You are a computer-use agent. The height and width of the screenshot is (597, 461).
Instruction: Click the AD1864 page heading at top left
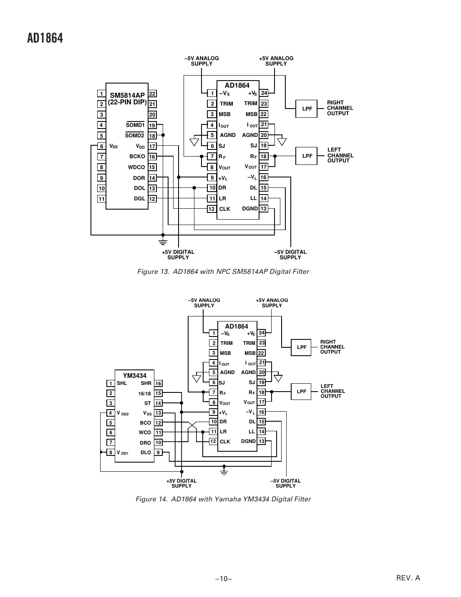45,38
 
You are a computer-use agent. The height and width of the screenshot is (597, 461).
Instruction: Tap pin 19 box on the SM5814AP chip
152,125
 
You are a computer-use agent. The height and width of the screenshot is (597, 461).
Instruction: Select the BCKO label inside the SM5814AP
137,157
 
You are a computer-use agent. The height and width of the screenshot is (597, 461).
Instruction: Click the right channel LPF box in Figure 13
307,109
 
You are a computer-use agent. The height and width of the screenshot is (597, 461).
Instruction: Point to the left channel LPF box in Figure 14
301,392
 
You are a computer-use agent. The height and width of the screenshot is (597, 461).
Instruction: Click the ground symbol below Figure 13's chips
163,242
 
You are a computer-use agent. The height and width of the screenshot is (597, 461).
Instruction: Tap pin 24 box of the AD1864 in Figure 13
264,93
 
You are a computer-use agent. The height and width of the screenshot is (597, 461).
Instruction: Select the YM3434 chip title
134,376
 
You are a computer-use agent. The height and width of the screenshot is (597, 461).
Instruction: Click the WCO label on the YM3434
145,433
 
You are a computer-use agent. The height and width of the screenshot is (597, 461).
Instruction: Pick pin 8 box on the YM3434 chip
111,452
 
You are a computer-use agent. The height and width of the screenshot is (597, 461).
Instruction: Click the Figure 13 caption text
223,272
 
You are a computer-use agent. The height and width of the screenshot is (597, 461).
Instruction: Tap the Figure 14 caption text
223,499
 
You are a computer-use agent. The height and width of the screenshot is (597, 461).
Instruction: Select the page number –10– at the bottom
223,579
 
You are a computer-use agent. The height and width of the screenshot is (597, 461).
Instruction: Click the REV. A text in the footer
408,578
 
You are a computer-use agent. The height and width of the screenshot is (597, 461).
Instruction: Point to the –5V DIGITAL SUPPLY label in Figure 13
290,255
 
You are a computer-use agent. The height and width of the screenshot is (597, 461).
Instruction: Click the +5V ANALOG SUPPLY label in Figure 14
272,303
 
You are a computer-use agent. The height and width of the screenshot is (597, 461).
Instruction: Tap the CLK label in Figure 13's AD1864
224,209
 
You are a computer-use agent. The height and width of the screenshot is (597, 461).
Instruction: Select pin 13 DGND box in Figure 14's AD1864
262,441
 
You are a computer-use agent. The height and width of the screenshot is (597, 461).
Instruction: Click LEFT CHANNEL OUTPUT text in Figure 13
340,155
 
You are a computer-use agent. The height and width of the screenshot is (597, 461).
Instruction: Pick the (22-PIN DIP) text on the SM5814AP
127,102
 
